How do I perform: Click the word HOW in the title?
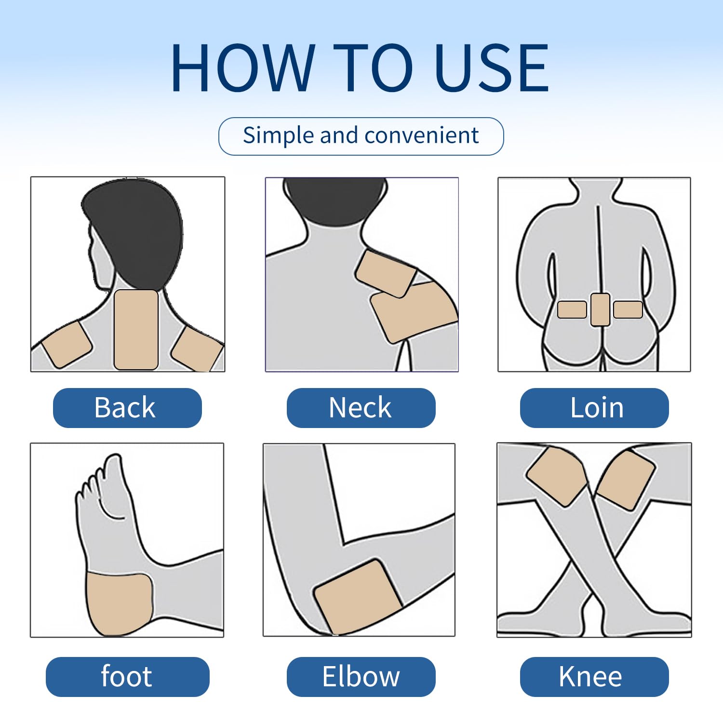(243, 67)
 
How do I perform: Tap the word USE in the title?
(492, 67)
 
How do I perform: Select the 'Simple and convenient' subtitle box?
(361, 136)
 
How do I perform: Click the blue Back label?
(127, 408)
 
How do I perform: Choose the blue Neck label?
(361, 408)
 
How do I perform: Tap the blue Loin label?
(594, 408)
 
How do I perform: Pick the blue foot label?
(127, 677)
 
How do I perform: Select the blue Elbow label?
(361, 677)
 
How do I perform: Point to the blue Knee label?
(594, 677)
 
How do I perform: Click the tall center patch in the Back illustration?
(136, 330)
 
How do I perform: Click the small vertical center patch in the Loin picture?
(600, 309)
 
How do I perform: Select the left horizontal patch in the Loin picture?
(572, 309)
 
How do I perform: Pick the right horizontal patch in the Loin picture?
(628, 309)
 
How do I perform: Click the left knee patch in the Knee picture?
(557, 476)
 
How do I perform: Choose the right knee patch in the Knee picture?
(626, 480)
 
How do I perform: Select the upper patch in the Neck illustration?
(386, 274)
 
